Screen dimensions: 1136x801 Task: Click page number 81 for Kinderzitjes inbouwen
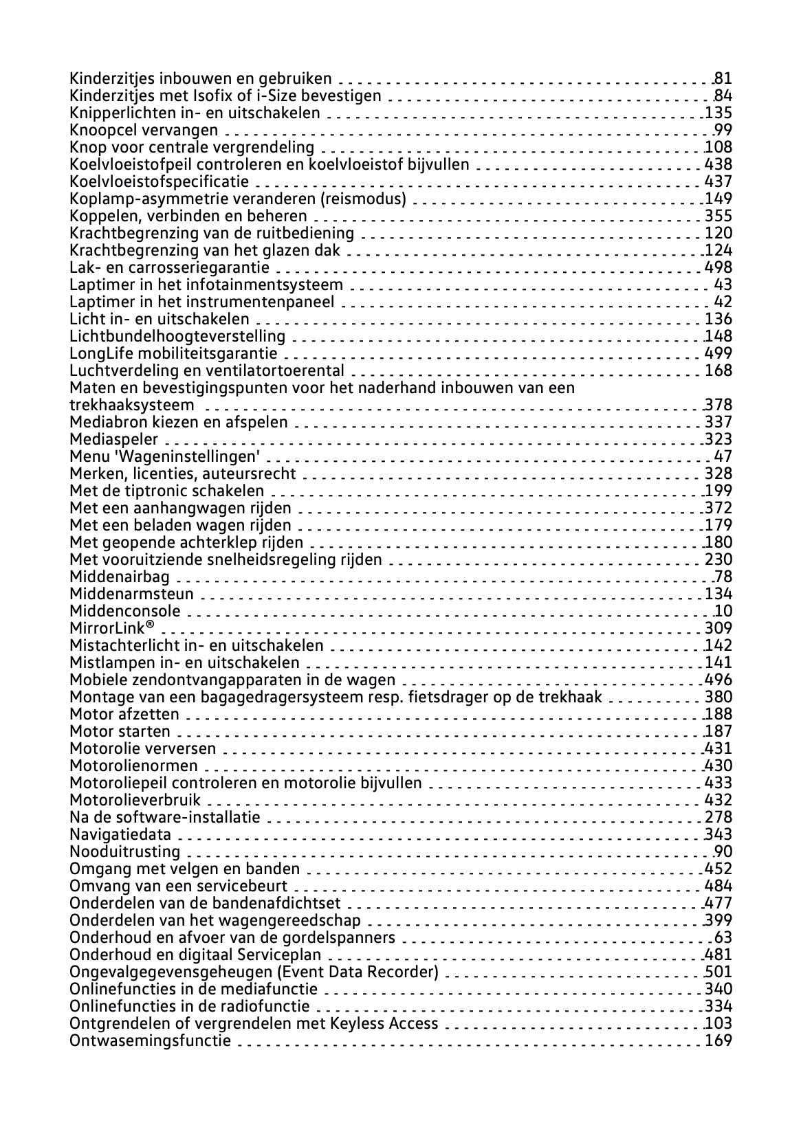coord(723,78)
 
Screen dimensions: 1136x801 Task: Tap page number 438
coord(718,164)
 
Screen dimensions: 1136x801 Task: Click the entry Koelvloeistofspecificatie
coord(160,181)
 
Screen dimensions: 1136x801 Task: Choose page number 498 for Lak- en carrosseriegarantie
coord(718,267)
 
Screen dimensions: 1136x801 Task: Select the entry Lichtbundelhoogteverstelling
coord(177,336)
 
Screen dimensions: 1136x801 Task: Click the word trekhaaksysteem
coord(131,405)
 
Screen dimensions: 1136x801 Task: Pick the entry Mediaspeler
coord(113,439)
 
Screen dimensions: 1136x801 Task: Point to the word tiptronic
coord(155,491)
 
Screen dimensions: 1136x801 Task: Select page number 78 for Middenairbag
coord(723,577)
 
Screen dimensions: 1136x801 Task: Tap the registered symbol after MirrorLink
coord(150,626)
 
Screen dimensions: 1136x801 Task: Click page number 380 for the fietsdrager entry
coord(718,697)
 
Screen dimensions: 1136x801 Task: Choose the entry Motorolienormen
coord(133,766)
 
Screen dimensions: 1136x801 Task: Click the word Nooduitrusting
coord(124,851)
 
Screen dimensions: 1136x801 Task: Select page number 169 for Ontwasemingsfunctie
coord(718,1040)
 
